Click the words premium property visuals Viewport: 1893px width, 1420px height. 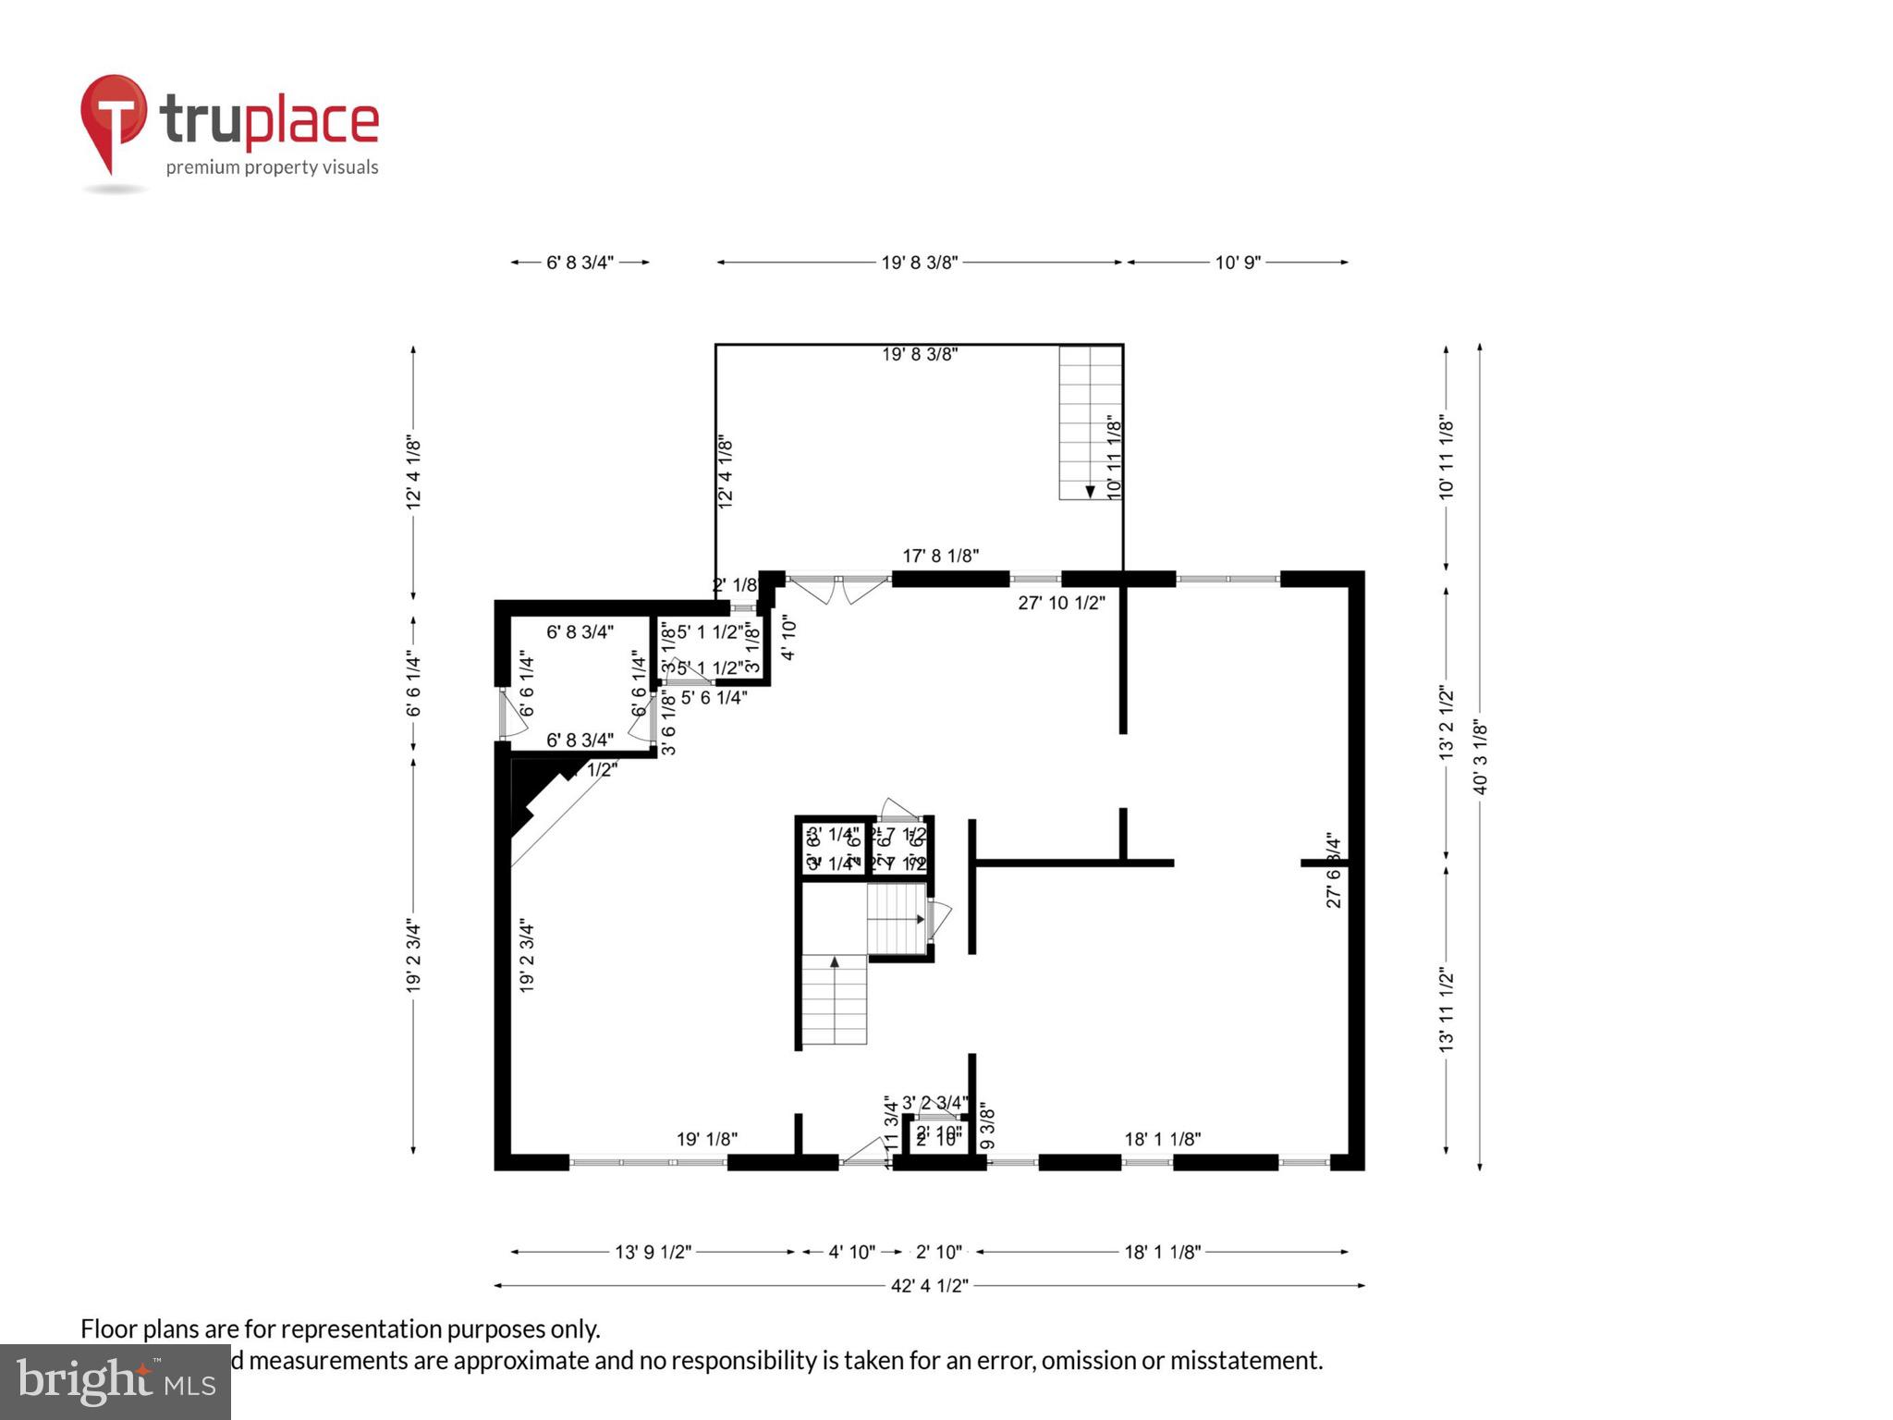272,167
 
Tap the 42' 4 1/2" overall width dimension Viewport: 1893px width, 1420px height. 929,1286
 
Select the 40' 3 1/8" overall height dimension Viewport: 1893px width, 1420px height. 1480,756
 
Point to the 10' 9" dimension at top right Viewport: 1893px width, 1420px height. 1237,263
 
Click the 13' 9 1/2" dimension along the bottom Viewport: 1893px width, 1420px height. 653,1253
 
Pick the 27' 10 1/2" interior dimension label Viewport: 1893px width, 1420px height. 1061,603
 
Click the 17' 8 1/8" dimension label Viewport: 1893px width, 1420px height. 940,556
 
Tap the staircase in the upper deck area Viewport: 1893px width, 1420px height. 1090,422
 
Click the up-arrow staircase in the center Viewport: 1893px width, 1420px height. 834,999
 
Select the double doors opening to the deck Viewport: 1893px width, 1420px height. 838,589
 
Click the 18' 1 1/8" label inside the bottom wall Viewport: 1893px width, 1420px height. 1162,1139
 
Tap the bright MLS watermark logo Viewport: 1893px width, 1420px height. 116,1381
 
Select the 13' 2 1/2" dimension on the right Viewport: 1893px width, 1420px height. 1447,723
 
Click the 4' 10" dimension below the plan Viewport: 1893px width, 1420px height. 850,1253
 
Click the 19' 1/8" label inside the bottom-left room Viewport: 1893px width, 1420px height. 706,1139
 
